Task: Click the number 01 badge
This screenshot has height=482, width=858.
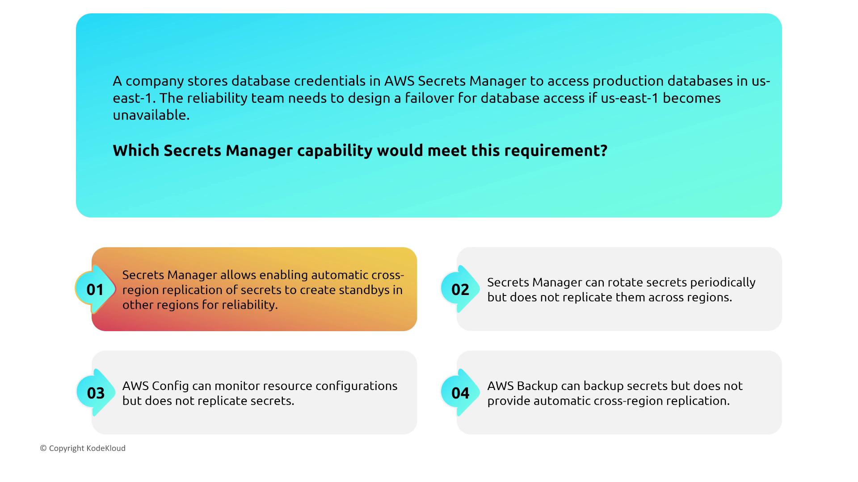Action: [x=95, y=289]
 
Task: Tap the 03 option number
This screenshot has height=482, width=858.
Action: [x=95, y=393]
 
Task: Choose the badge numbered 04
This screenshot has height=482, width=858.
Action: [x=460, y=393]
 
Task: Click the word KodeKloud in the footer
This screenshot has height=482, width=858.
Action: [x=106, y=448]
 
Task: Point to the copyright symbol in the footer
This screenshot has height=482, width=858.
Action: [x=43, y=448]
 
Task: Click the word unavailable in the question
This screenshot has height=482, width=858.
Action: [x=151, y=115]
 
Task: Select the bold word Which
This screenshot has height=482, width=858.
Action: [x=136, y=150]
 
